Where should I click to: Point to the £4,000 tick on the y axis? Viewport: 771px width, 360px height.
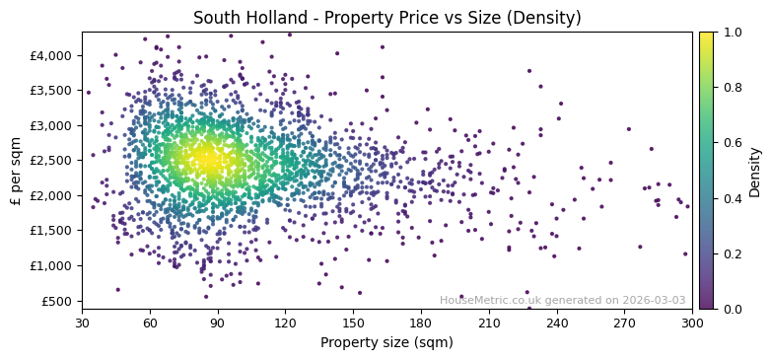tap(53, 55)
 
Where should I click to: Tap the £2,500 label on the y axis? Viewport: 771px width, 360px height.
tap(53, 161)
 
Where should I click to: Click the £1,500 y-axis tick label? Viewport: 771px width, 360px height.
tap(53, 231)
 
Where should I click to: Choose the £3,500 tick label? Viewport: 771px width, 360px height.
tap(53, 91)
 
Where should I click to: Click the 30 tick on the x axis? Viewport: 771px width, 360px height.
tap(82, 322)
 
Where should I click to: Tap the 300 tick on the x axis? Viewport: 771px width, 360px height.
tap(692, 322)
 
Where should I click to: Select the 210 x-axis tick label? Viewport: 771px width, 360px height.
tap(489, 322)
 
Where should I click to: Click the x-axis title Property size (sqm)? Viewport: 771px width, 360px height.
tap(386, 342)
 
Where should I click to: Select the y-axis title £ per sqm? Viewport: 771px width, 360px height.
tap(17, 170)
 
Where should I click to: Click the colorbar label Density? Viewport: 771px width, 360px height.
tap(754, 170)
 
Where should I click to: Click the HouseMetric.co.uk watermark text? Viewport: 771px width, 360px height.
tap(562, 300)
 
